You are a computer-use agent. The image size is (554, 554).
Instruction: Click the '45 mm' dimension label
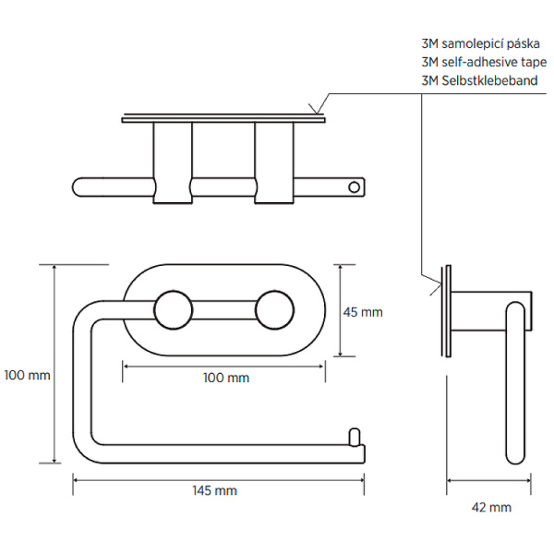[362, 312]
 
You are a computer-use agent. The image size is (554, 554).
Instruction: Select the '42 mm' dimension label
[490, 507]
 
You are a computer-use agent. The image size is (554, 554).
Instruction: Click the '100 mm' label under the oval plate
[226, 378]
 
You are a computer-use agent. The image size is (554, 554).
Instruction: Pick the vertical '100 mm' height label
[26, 376]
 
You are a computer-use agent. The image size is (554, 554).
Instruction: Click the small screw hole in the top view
[352, 187]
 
